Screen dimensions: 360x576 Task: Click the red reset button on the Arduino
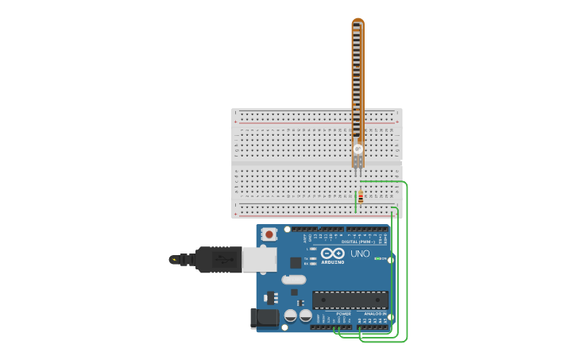(269, 234)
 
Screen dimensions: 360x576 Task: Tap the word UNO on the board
(360, 254)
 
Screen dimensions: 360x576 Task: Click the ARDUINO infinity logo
(333, 254)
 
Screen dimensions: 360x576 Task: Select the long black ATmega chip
(350, 300)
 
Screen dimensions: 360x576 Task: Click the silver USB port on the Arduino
(260, 259)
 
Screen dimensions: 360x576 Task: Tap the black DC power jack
(264, 318)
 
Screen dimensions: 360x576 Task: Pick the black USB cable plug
(218, 259)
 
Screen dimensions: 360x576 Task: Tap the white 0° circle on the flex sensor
(358, 149)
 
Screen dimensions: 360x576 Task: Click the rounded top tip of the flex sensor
(358, 21)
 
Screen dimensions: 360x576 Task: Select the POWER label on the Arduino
(343, 314)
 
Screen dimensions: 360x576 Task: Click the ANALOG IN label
(375, 314)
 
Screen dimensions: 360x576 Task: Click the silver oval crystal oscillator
(293, 279)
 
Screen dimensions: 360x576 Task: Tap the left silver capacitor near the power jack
(291, 315)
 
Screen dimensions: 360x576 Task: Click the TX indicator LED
(314, 258)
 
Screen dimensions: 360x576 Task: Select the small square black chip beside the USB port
(296, 262)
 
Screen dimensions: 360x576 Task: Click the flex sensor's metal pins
(358, 169)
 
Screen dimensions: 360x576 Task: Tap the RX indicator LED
(314, 263)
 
